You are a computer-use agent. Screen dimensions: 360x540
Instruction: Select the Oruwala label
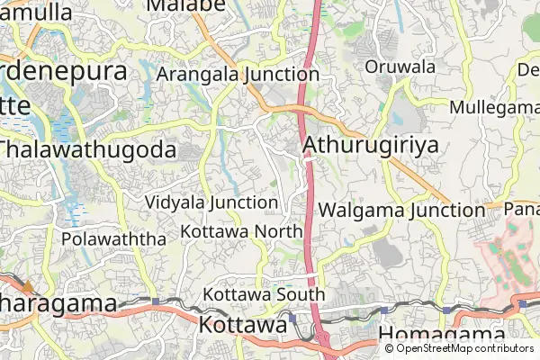[x=400, y=67]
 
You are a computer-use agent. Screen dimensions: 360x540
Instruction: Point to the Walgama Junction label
[x=401, y=211]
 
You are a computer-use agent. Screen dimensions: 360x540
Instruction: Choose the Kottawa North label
[x=241, y=231]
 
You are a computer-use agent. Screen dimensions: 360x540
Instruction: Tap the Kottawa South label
[x=264, y=294]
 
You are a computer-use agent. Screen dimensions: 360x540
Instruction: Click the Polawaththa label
[x=114, y=239]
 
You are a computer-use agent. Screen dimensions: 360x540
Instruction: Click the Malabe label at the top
[x=185, y=6]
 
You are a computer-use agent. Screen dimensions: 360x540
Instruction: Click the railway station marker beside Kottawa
[x=292, y=318]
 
